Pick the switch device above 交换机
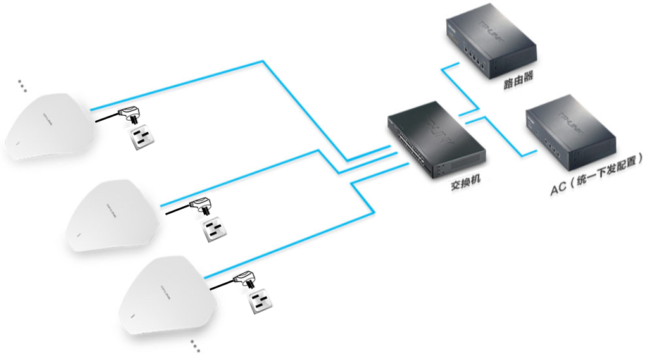[437, 137]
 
